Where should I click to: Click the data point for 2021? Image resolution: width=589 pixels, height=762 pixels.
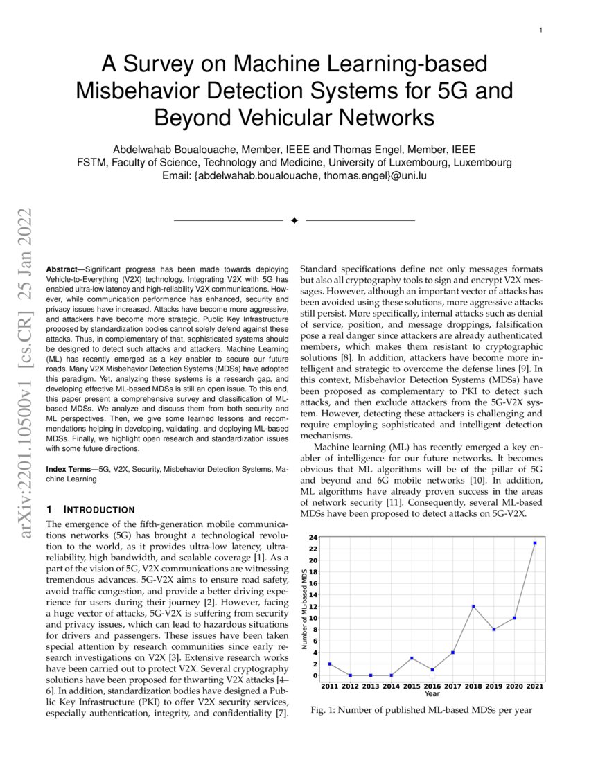click(534, 543)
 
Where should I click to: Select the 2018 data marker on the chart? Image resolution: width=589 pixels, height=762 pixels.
click(473, 607)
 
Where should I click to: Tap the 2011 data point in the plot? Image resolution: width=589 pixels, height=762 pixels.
click(330, 664)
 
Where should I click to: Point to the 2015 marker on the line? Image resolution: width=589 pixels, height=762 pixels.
click(412, 658)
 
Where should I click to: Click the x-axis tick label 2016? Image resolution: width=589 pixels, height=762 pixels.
click(432, 686)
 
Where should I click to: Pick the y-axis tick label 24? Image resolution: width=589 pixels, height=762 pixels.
click(314, 538)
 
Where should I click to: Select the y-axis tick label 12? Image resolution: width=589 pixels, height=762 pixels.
click(314, 607)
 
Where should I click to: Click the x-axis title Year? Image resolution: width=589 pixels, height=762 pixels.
click(432, 693)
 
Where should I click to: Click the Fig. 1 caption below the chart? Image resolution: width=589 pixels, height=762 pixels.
click(420, 710)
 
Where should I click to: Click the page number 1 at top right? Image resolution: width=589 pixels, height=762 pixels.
click(540, 30)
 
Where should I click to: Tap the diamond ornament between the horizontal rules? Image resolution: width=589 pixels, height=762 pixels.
click(294, 220)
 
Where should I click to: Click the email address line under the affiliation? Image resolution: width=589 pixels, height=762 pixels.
click(294, 176)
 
